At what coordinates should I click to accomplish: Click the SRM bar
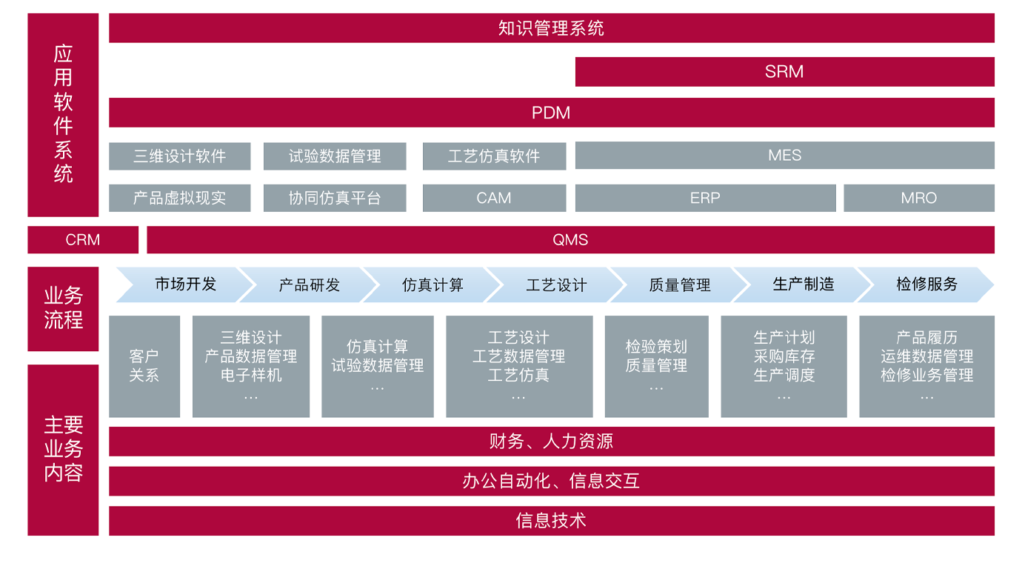pyautogui.click(x=784, y=72)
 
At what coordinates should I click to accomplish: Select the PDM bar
pyautogui.click(x=552, y=113)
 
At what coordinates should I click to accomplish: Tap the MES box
pyautogui.click(x=785, y=155)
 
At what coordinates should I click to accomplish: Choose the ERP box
pyautogui.click(x=705, y=198)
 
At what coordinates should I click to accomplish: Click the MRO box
pyautogui.click(x=919, y=198)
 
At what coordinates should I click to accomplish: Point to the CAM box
pyautogui.click(x=494, y=198)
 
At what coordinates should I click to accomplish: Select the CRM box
pyautogui.click(x=83, y=239)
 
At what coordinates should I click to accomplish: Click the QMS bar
pyautogui.click(x=570, y=239)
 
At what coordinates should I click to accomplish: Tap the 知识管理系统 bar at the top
pyautogui.click(x=552, y=28)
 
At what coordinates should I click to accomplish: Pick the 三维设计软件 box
pyautogui.click(x=180, y=156)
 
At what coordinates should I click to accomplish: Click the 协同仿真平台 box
pyautogui.click(x=335, y=198)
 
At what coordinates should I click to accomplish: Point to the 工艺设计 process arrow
pyautogui.click(x=555, y=284)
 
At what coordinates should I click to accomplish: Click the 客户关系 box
pyautogui.click(x=144, y=367)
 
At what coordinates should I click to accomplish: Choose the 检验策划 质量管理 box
pyautogui.click(x=657, y=367)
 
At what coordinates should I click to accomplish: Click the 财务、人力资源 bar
pyautogui.click(x=552, y=442)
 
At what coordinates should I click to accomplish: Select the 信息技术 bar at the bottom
pyautogui.click(x=552, y=521)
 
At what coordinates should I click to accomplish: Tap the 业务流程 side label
pyautogui.click(x=63, y=309)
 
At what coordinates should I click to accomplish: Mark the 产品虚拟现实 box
pyautogui.click(x=180, y=198)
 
